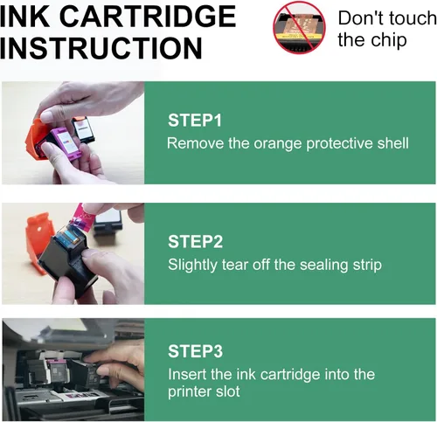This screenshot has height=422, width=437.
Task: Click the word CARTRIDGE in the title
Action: point(148,17)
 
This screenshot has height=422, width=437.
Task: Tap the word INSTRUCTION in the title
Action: point(101,48)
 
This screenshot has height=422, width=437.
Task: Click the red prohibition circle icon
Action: point(299,27)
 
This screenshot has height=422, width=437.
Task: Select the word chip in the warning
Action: point(389,40)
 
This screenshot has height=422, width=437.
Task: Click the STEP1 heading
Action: point(195,120)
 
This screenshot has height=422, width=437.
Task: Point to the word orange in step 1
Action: point(278,143)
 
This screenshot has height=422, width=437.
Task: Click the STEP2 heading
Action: point(195,241)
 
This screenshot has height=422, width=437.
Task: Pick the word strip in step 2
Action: point(367,266)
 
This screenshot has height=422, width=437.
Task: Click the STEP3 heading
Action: point(195,351)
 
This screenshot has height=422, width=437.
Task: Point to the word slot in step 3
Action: point(228,391)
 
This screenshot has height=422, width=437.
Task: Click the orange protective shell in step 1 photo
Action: point(33,137)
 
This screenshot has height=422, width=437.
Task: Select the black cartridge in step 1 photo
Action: point(83,129)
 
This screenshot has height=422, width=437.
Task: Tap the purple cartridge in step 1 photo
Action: point(63,143)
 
